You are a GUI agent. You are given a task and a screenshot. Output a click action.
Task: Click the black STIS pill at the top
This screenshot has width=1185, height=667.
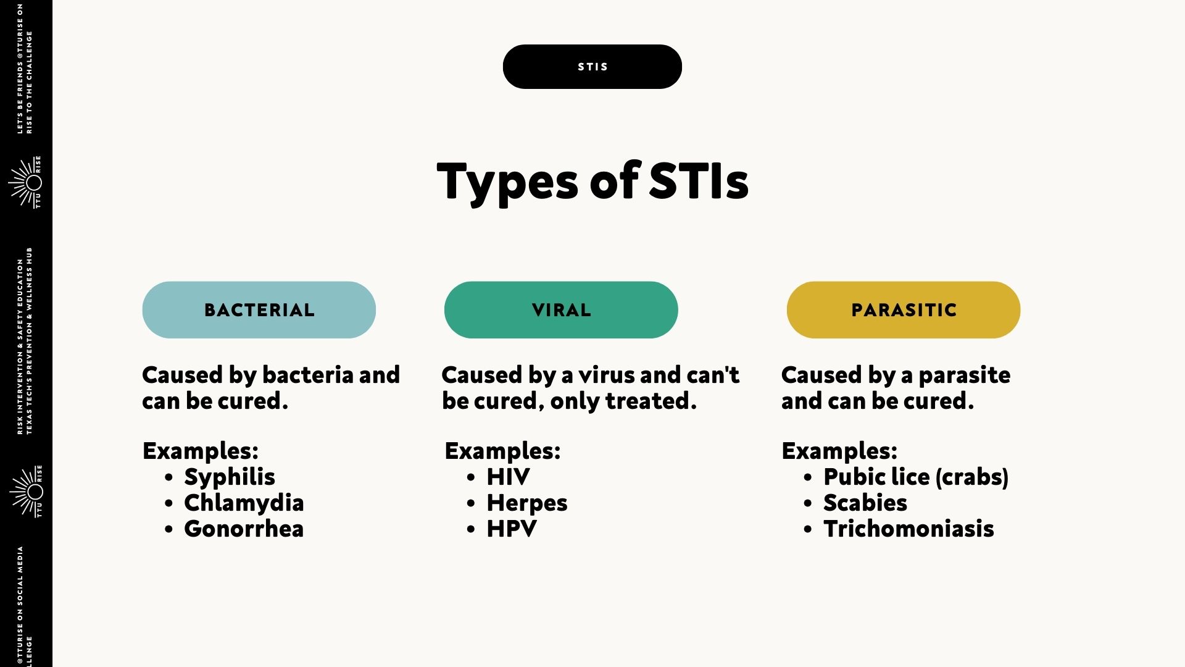pyautogui.click(x=592, y=67)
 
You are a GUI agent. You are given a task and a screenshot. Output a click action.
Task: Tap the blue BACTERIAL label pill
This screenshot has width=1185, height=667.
pyautogui.click(x=259, y=310)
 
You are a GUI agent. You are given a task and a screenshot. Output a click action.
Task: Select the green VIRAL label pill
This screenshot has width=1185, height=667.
pyautogui.click(x=561, y=310)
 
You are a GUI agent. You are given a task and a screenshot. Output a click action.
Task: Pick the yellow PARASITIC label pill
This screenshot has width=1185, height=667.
pyautogui.click(x=904, y=310)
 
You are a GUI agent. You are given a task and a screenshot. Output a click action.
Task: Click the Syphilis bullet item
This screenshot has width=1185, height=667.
pyautogui.click(x=230, y=477)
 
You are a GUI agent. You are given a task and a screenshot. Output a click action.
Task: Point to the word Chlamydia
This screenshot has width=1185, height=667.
pyautogui.click(x=244, y=503)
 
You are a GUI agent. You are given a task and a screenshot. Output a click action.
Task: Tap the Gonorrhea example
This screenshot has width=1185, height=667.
pyautogui.click(x=244, y=529)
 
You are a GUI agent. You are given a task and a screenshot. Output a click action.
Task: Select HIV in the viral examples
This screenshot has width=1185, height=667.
pyautogui.click(x=508, y=477)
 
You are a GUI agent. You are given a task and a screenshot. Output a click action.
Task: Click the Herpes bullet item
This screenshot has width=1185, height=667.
pyautogui.click(x=527, y=503)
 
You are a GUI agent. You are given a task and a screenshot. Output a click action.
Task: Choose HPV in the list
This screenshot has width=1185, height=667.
pyautogui.click(x=512, y=529)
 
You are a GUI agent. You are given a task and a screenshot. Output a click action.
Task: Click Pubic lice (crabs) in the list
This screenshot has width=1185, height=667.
pyautogui.click(x=916, y=477)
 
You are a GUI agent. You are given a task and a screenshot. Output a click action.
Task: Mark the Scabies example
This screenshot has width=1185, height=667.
pyautogui.click(x=865, y=503)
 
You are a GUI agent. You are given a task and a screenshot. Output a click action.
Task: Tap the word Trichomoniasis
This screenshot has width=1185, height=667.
pyautogui.click(x=908, y=529)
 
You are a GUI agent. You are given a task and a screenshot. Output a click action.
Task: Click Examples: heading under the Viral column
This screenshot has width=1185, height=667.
pyautogui.click(x=502, y=451)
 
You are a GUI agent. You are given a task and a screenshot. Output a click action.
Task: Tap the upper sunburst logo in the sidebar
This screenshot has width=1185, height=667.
pyautogui.click(x=25, y=182)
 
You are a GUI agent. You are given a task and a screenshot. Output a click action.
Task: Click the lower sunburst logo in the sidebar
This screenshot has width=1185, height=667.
pyautogui.click(x=26, y=492)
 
